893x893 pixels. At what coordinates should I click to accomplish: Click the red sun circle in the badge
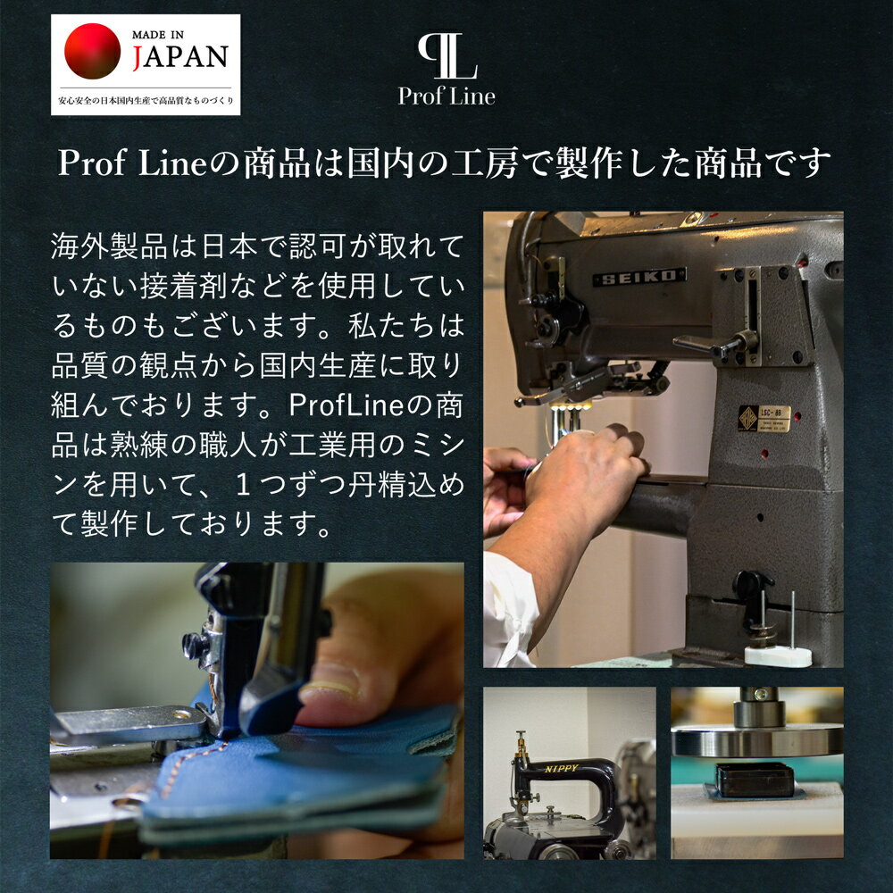(x=93, y=51)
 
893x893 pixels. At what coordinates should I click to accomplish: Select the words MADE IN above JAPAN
(x=160, y=33)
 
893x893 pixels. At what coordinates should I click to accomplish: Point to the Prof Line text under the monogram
(x=446, y=96)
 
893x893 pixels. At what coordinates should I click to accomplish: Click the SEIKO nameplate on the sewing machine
(x=639, y=277)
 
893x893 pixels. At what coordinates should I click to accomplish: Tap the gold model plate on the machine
(x=764, y=417)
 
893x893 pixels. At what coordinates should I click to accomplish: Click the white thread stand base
(x=778, y=655)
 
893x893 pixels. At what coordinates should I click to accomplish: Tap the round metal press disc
(x=757, y=739)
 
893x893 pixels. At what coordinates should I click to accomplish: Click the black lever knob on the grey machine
(x=748, y=584)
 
